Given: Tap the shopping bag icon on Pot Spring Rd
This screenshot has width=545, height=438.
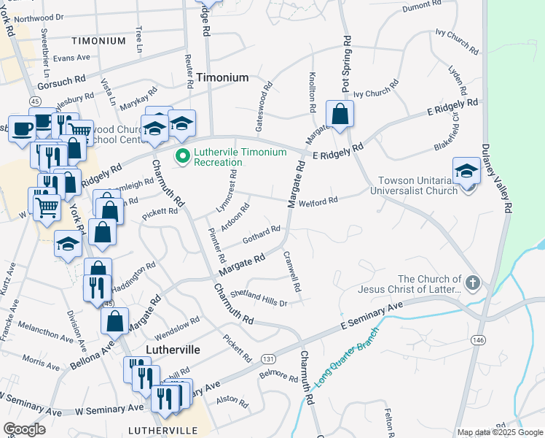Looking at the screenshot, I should pyautogui.click(x=340, y=114).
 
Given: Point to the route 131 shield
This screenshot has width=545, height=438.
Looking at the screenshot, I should pyautogui.click(x=269, y=359).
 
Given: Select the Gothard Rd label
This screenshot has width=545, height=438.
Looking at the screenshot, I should pyautogui.click(x=262, y=234).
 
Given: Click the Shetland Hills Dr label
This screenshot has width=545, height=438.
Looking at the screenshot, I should pyautogui.click(x=259, y=298).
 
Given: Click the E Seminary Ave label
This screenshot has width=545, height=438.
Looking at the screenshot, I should pyautogui.click(x=369, y=318).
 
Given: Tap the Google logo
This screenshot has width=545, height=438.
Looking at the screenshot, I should pyautogui.click(x=24, y=429).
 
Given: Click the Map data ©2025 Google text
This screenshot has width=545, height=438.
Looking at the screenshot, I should pyautogui.click(x=499, y=432).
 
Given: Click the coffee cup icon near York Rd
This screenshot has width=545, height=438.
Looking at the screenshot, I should pyautogui.click(x=21, y=128).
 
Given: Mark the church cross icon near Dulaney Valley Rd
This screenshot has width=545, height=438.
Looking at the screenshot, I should pyautogui.click(x=472, y=282).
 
